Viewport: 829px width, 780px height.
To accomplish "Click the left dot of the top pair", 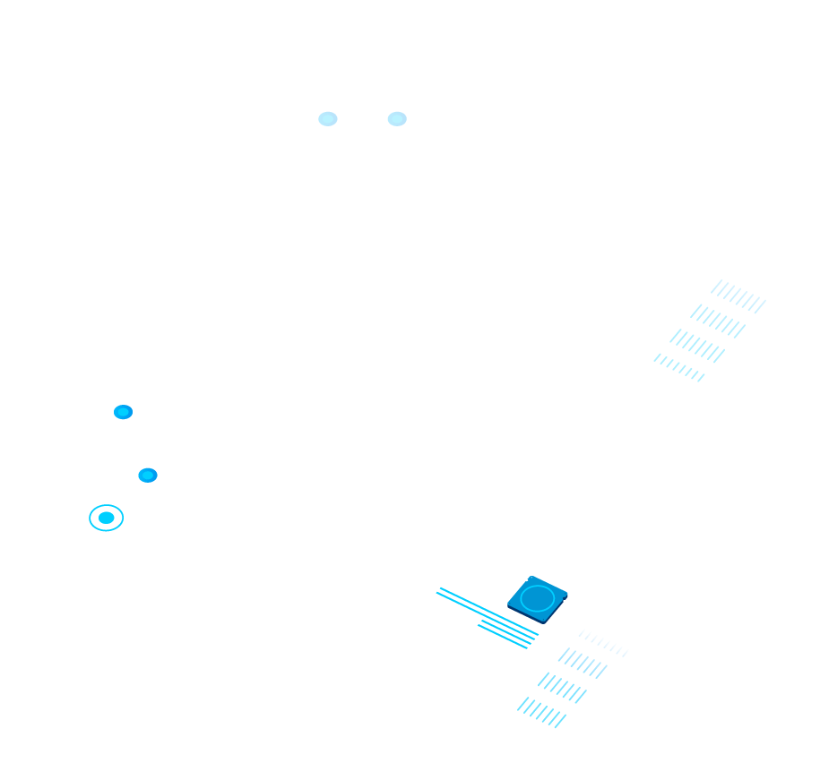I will tap(328, 119).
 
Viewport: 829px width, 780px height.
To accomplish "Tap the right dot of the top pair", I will tap(397, 119).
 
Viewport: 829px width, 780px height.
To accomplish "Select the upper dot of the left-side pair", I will tap(123, 412).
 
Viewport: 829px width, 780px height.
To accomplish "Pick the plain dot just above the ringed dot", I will tap(148, 476).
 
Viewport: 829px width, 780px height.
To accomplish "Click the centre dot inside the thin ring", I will tap(106, 518).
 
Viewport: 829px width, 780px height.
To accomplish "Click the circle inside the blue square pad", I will tap(537, 598).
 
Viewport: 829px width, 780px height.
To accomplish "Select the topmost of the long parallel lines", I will tap(488, 610).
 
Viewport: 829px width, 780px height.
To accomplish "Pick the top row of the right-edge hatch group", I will tap(738, 296).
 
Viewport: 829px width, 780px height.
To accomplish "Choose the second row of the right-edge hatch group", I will tap(718, 321).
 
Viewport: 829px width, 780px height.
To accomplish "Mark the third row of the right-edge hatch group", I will tap(697, 346).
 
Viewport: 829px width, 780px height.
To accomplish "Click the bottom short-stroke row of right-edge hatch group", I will tap(679, 366).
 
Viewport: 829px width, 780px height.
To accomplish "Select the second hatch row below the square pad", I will tap(583, 664).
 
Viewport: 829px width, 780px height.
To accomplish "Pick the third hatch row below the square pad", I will tap(562, 688).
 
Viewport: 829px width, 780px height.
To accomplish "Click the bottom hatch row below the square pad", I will tap(541, 712).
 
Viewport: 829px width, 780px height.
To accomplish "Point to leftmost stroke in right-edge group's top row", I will tap(716, 287).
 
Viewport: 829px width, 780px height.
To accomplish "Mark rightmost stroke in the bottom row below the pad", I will tap(560, 721).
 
